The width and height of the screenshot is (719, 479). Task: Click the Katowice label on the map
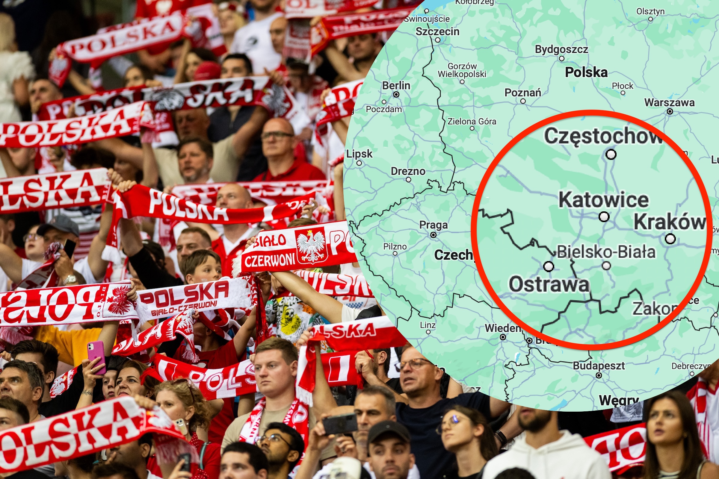603,200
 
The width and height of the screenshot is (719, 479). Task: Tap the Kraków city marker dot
670,239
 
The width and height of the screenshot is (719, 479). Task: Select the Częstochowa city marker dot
611,154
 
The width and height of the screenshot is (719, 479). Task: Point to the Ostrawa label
549,284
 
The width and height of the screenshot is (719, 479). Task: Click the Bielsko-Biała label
606,252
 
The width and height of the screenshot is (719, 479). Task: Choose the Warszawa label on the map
669,103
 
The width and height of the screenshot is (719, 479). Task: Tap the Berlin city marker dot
396,94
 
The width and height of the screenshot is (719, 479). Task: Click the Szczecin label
437,31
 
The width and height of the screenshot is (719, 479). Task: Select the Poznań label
522,93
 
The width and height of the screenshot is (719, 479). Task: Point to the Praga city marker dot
433,235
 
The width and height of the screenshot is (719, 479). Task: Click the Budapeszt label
599,366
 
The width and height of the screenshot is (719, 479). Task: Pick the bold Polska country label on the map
586,72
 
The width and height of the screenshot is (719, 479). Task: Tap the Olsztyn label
650,12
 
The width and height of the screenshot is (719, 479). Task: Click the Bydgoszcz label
561,49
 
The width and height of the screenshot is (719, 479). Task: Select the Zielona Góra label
472,122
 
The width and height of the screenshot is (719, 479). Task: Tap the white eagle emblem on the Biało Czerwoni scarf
311,246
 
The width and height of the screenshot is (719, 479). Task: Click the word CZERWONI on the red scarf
270,260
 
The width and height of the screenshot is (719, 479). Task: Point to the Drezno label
408,171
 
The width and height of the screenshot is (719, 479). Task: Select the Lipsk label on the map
359,154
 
